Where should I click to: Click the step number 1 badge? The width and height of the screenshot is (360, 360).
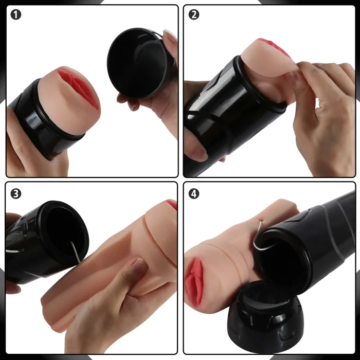click(15, 15)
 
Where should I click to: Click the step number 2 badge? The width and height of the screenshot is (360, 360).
click(193, 15)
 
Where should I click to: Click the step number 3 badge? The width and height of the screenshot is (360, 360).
click(15, 193)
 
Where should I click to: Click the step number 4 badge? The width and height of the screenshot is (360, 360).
click(193, 193)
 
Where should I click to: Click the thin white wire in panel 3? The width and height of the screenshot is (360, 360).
click(75, 252)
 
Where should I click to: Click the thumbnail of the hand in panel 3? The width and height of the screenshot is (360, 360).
click(139, 264)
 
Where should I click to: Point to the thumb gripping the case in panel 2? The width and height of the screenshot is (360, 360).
click(195, 147)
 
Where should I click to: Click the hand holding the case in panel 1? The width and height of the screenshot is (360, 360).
click(34, 149)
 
